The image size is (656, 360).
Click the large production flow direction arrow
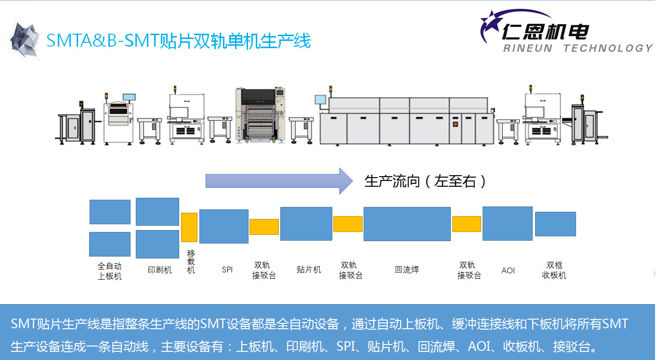279,181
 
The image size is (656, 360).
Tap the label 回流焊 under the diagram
407,270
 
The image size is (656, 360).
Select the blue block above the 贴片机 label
306,224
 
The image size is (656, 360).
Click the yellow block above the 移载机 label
189,228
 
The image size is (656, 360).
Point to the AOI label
508,270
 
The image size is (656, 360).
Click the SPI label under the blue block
227,270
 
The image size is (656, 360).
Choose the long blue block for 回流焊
407,224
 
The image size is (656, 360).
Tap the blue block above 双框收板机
555,224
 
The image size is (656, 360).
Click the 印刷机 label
159,270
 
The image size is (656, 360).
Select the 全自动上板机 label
109,271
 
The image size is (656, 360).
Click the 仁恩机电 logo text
545,32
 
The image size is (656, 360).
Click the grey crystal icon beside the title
24,39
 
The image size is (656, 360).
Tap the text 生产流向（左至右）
425,181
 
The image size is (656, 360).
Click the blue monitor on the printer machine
129,97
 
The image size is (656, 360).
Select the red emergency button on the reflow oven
455,124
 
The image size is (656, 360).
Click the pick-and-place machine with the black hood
261,115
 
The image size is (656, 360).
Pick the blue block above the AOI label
508,224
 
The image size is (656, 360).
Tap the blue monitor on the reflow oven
320,100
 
